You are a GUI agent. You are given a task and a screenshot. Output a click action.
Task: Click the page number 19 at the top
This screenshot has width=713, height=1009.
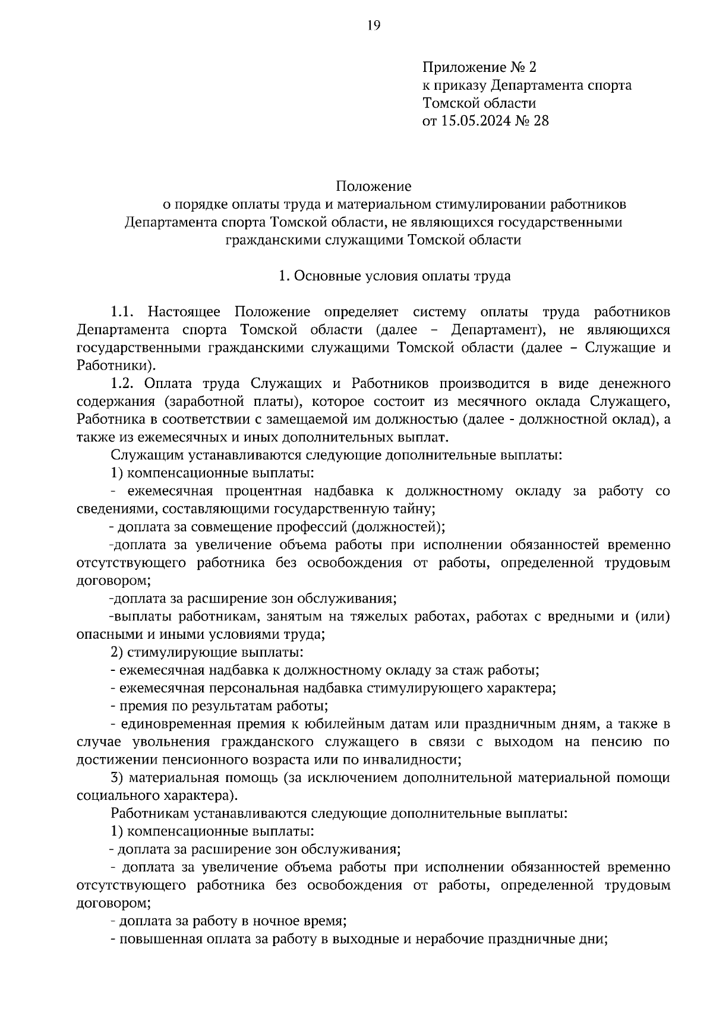pos(373,24)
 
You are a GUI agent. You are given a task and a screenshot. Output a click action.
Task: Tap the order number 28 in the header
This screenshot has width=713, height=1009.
pos(541,121)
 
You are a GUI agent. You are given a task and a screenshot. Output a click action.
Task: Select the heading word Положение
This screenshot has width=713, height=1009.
pos(373,187)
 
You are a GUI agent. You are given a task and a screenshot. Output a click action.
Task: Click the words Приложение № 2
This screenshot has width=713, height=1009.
pos(479,67)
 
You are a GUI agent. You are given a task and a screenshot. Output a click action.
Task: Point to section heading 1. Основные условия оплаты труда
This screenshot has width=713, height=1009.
pos(395,276)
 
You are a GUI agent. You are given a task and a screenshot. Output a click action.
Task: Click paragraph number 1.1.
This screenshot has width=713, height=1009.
pos(124,312)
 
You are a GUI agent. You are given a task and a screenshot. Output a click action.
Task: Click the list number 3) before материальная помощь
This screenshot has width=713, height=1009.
pos(117,778)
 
